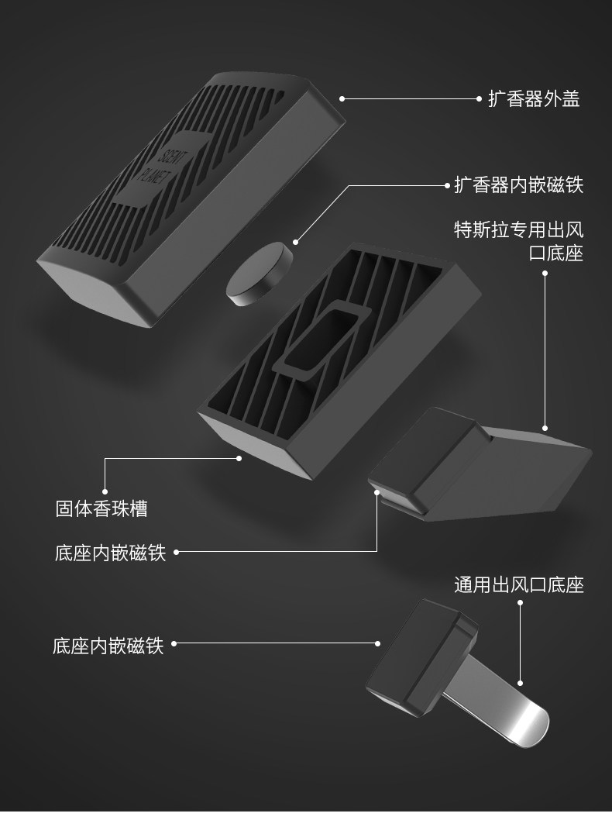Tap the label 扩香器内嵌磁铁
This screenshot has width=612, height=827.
[518, 185]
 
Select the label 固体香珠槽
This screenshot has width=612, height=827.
[101, 508]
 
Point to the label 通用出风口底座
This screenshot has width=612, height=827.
[518, 584]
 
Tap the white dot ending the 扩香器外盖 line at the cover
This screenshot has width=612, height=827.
[342, 99]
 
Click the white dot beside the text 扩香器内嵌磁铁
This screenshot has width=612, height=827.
[447, 186]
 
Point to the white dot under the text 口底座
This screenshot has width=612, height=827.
[545, 273]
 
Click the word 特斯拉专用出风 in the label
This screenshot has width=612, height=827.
[518, 229]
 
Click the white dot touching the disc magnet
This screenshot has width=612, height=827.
[294, 242]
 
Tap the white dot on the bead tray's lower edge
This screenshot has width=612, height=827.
[239, 458]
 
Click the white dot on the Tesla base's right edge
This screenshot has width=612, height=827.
[545, 428]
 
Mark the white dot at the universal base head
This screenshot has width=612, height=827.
[377, 643]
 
